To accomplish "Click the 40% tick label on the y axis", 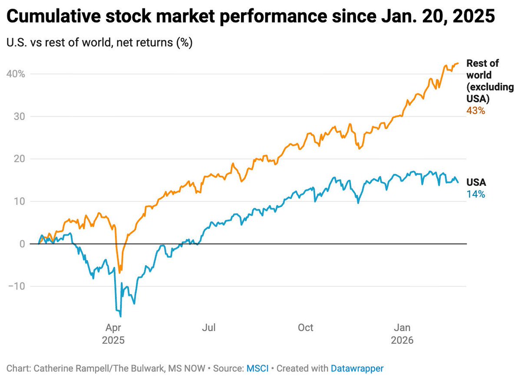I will tap(16, 74).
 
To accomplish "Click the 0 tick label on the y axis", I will tap(21, 244).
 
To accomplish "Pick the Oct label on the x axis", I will tap(306, 328).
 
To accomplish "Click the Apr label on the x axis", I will tap(113, 328).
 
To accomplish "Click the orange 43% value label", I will tap(475, 111).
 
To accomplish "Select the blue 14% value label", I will tap(475, 195).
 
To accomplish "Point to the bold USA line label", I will tap(476, 183).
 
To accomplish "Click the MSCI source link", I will tap(257, 369).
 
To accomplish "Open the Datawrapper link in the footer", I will tap(357, 369).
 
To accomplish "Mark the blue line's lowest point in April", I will tap(120, 316).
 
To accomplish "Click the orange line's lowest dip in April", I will tap(120, 273).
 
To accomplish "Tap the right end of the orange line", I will tap(458, 63).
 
